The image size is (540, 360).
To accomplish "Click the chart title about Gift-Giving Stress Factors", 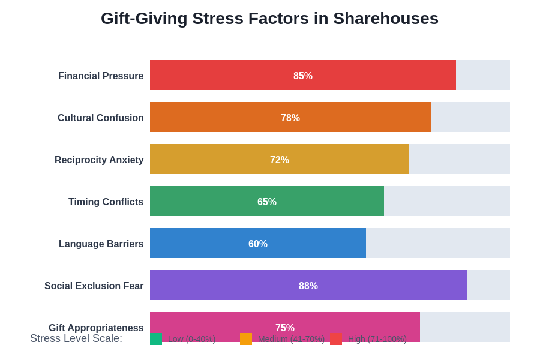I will (269, 19).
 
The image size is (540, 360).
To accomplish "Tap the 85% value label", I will (303, 76).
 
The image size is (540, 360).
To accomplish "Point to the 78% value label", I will (290, 118).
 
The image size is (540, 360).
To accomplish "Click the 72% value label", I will (280, 160).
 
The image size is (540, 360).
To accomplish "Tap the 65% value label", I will (267, 202).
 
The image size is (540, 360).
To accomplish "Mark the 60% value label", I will (258, 244).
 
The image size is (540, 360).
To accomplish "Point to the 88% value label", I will (308, 286).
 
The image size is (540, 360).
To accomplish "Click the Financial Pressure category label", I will (101, 76).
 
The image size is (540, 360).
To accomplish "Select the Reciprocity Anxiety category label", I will (99, 160).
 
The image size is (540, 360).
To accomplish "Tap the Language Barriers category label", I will (101, 244).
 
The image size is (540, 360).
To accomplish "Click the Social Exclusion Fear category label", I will (94, 286).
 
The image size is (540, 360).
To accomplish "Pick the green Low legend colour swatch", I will (156, 339).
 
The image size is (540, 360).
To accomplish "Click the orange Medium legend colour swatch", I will (246, 339).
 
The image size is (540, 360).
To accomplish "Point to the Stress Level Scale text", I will (76, 338).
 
